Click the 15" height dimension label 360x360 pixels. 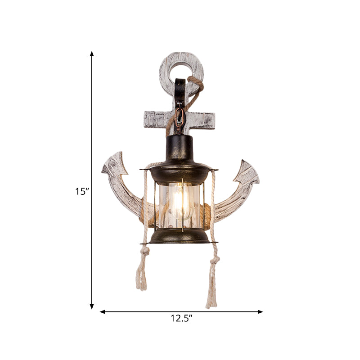82,191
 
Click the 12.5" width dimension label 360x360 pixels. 181,319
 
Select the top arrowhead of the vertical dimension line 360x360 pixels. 92,54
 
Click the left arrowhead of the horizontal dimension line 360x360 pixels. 102,311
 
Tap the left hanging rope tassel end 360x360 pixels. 141,281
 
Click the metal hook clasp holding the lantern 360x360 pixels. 180,119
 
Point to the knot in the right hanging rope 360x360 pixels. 215,260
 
